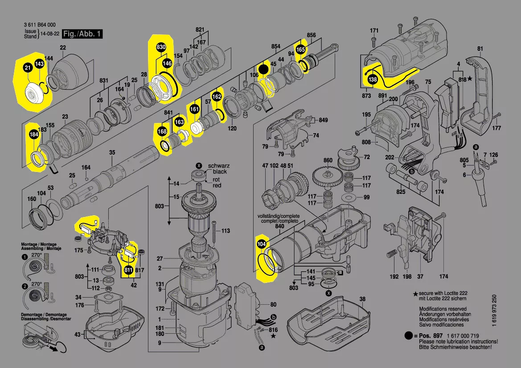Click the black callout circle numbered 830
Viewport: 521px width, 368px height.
[x=161, y=47]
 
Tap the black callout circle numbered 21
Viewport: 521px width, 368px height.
[x=28, y=68]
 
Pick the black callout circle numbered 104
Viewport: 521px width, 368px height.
[x=262, y=244]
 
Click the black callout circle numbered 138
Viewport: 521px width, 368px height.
[x=372, y=80]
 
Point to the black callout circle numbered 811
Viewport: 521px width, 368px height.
[x=128, y=270]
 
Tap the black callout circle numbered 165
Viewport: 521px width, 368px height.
[x=301, y=50]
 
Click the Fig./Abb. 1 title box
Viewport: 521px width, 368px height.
[x=82, y=34]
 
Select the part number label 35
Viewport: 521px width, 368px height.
[x=112, y=152]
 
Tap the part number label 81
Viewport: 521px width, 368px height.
[x=480, y=49]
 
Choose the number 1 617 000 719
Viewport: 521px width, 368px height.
[x=460, y=335]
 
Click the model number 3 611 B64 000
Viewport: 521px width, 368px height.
[x=39, y=25]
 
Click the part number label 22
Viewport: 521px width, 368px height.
[x=63, y=48]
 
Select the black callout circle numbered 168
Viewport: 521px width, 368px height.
[x=162, y=132]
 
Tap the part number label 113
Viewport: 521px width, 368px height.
[x=226, y=231]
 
